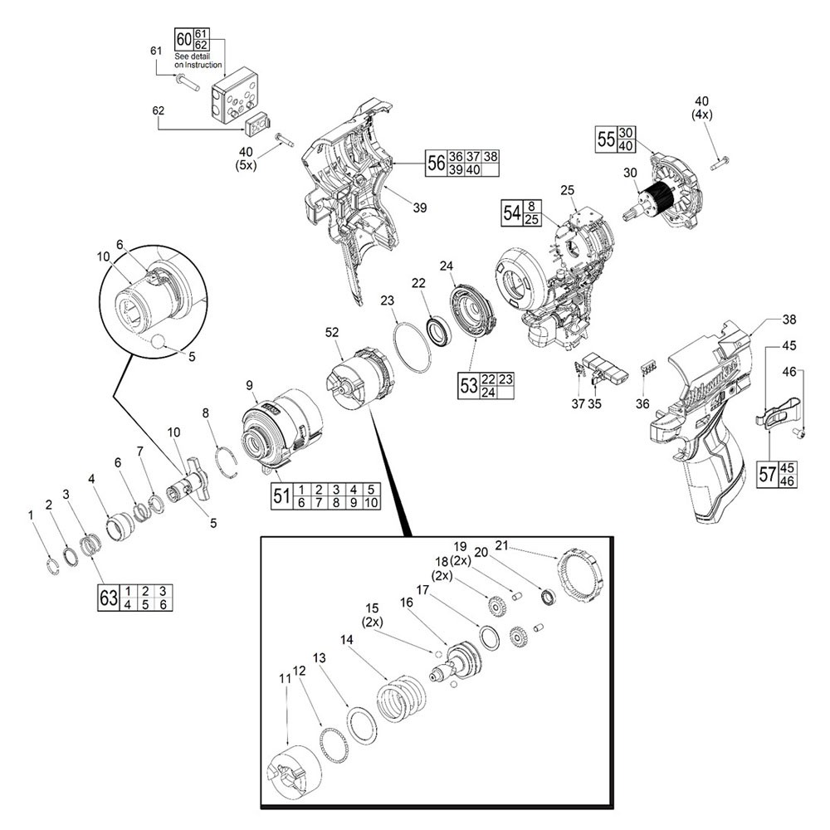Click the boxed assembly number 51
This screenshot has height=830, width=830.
point(281,496)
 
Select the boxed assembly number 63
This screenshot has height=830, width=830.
point(108,598)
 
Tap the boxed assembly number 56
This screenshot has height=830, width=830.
point(435,162)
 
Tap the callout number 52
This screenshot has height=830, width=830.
point(333,332)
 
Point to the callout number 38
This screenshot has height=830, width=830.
point(788,319)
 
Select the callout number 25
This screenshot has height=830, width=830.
point(568,190)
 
